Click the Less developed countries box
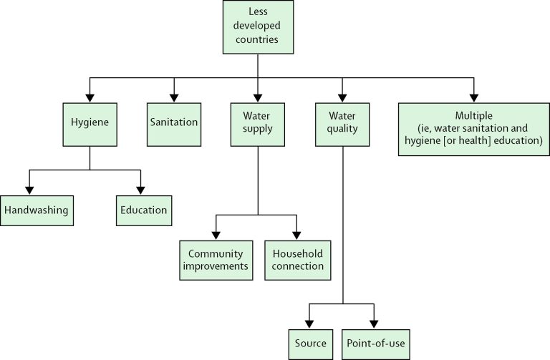tap(258, 27)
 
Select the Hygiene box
tap(90, 122)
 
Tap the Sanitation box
tap(173, 122)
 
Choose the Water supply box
tap(258, 122)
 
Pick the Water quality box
tap(342, 122)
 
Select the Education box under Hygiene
tap(143, 210)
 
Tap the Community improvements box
tap(215, 260)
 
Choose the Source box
tap(309, 344)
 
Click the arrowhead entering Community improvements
tap(215, 234)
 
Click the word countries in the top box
tap(258, 40)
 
